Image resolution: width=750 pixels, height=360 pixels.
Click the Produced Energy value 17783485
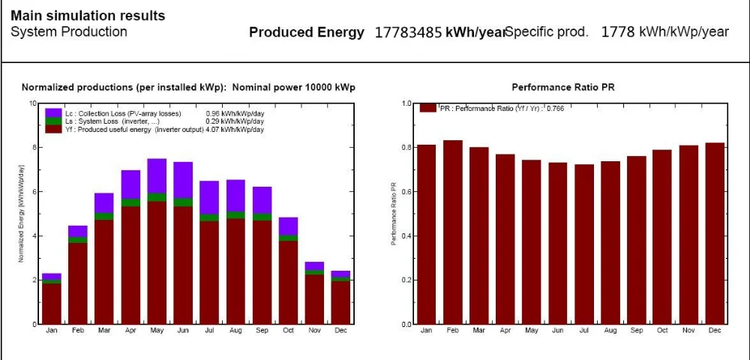[408, 32]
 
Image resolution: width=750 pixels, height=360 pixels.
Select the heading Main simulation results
[88, 16]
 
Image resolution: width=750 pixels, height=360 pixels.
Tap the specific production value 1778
[618, 32]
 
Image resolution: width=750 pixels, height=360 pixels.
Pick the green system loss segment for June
[183, 202]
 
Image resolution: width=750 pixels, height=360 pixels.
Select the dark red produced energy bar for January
[52, 304]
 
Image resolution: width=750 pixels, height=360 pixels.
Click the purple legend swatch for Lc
[53, 112]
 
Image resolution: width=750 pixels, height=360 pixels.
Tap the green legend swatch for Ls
[53, 121]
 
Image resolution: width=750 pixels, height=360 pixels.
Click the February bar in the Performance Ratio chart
[452, 232]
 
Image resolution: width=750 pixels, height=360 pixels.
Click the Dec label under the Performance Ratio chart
[714, 330]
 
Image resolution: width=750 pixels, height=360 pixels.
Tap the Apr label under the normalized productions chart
[130, 330]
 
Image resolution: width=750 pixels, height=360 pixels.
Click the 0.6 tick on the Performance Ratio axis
[406, 191]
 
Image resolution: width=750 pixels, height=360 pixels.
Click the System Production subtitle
[69, 32]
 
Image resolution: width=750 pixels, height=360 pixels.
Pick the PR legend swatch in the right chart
[427, 108]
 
